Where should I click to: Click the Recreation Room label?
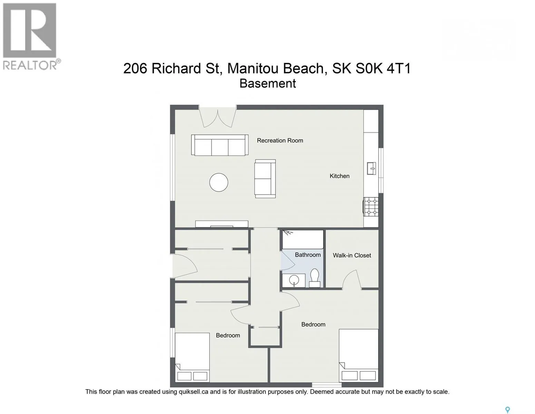click(x=280, y=140)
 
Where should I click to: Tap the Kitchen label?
click(x=340, y=176)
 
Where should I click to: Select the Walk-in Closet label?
click(x=352, y=255)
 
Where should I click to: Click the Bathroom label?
click(x=308, y=255)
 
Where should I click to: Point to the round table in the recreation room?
click(x=218, y=182)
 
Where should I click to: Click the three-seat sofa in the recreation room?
click(x=220, y=145)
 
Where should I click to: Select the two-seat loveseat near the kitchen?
click(x=265, y=179)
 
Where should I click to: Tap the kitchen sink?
click(x=371, y=168)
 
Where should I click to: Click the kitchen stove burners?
click(x=371, y=207)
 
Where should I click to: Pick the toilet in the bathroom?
click(x=314, y=278)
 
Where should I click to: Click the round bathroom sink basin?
click(x=294, y=280)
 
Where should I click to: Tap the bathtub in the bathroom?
click(x=303, y=239)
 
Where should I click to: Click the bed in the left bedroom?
click(x=192, y=357)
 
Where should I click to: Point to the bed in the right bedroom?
click(x=359, y=355)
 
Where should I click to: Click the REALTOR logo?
click(x=30, y=37)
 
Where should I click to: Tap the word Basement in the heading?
click(x=267, y=83)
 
